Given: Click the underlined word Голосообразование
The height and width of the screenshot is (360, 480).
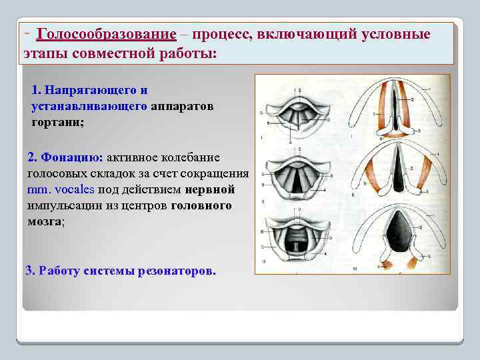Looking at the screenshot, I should coord(107,34).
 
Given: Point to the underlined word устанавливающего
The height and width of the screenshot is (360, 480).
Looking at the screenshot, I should coord(89,106).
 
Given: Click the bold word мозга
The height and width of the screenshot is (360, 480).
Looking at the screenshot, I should coord(45,221).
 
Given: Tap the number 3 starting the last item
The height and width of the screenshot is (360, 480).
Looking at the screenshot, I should coord(28,271).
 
